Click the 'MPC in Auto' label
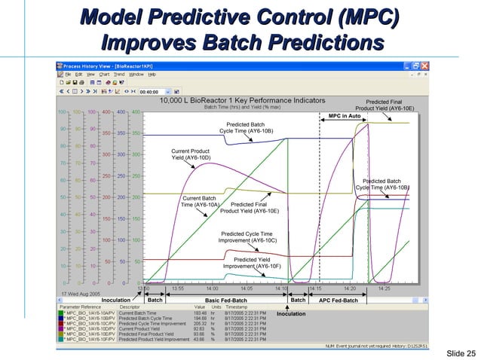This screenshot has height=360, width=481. tap(344, 115)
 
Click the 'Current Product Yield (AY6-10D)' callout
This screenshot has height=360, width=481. tap(190, 154)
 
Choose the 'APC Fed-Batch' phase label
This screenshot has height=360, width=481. tap(339, 300)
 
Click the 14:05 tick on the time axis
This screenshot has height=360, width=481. tap(247, 288)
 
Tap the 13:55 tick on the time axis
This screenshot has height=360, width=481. tap(178, 288)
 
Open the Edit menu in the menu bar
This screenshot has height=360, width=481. tap(78, 75)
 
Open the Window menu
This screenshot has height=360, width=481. tap(136, 75)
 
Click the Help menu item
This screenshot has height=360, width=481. tap(152, 75)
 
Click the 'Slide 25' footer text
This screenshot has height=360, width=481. tap(461, 352)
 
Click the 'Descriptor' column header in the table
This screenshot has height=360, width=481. tap(130, 307)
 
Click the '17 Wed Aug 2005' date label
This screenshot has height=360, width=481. tap(80, 293)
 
